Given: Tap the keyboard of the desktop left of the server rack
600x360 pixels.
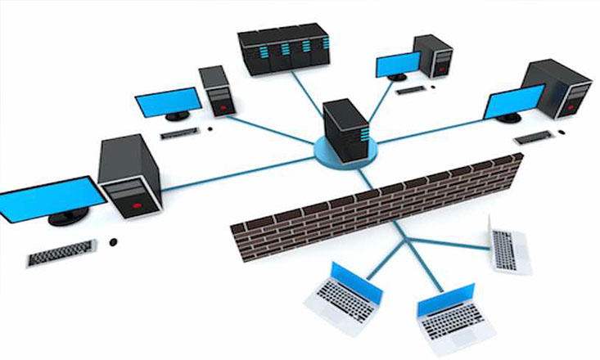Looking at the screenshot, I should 181,133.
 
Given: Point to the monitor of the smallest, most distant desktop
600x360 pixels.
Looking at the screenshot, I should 397,65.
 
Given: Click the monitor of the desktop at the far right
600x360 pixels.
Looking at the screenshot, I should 513,103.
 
